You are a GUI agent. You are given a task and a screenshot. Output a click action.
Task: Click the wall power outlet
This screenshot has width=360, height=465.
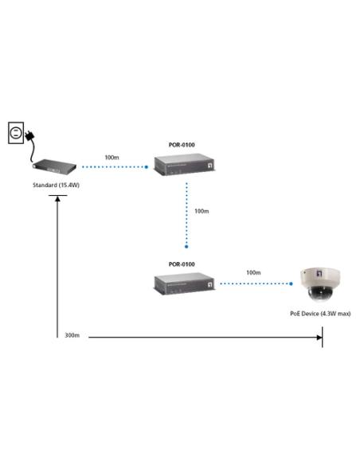point(16,133)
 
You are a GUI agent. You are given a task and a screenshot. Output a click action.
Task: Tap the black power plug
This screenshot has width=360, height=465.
point(30,136)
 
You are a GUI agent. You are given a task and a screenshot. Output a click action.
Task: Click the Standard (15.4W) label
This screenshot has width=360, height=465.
point(56,185)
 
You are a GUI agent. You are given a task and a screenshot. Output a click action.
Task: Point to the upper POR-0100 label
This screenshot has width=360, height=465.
point(182,145)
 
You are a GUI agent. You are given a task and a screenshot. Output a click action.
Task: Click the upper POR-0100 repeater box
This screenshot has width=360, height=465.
point(184,165)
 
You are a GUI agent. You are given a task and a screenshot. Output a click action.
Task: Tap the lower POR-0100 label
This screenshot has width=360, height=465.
point(182,264)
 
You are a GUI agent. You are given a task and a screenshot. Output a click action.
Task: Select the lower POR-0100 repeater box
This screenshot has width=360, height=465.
point(184,284)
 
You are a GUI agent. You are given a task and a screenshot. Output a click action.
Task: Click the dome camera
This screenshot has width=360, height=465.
point(320,284)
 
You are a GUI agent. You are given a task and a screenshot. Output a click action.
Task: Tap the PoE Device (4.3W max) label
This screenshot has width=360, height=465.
point(320,314)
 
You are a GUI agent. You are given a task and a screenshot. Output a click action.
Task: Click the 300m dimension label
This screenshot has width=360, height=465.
point(72,335)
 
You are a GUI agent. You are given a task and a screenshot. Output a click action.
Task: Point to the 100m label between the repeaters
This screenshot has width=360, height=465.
point(202,211)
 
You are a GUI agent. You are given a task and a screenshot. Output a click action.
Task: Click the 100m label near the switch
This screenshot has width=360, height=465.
point(112,158)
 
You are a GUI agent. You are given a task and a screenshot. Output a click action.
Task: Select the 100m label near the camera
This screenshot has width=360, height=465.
point(253,272)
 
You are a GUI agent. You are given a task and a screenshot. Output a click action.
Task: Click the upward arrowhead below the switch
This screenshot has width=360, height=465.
point(57,199)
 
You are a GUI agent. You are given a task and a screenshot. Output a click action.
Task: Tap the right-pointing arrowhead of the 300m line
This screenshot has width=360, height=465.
point(319,338)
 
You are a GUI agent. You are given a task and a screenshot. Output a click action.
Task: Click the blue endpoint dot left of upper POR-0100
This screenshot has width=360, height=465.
point(147,167)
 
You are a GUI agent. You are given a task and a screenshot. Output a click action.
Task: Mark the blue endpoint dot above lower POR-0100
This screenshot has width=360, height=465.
point(186,247)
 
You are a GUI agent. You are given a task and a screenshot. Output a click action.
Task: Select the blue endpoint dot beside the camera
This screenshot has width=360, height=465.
point(291,283)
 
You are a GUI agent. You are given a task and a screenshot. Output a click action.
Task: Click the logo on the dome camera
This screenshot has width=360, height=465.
point(319,273)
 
